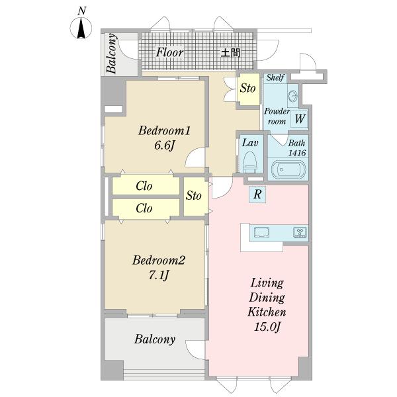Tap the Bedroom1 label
164,131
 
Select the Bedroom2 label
159,260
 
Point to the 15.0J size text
267,327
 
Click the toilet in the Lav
249,162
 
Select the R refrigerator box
257,194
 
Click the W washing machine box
299,118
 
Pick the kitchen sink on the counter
261,232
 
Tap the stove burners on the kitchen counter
300,232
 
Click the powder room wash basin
293,96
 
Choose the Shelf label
275,77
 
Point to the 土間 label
230,53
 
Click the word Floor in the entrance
169,53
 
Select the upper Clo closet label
144,186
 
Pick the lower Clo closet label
144,208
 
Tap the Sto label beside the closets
194,195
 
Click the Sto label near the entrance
248,88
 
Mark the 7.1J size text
159,275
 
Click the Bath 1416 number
297,153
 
